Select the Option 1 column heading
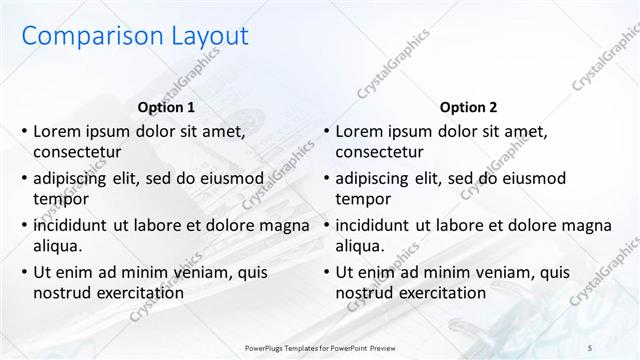tap(165, 107)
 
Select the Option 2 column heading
tap(467, 107)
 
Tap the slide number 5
tap(617, 349)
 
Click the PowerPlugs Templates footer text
tap(319, 349)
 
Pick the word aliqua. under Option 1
tap(58, 246)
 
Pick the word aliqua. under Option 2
tap(360, 246)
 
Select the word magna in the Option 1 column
tap(286, 225)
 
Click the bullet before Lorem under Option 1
tap(23, 131)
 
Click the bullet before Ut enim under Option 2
tap(325, 272)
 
